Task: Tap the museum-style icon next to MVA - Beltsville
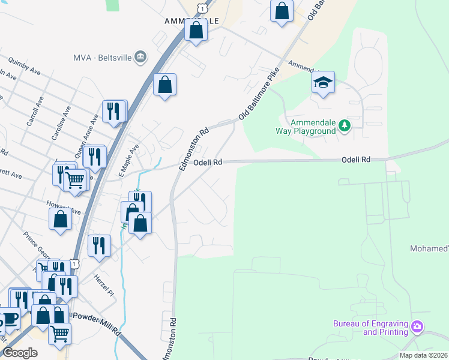point(140,57)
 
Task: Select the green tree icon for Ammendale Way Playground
point(343,125)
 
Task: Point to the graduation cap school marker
point(323,83)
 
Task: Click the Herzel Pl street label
point(103,284)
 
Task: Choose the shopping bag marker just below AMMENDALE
point(196,29)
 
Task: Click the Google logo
point(20,353)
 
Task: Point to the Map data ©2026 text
point(423,355)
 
